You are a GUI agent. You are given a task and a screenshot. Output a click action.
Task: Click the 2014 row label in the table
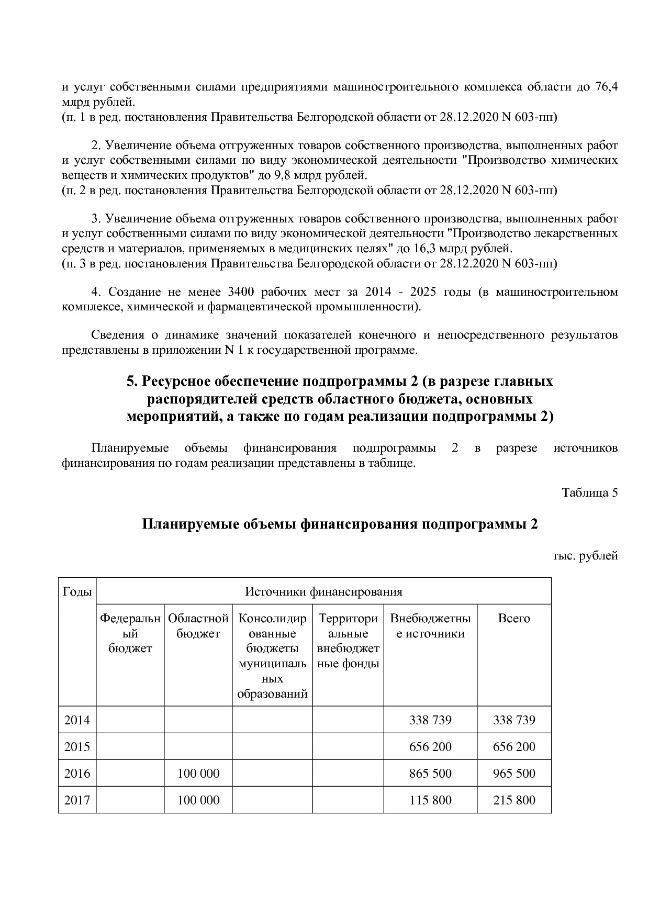(77, 720)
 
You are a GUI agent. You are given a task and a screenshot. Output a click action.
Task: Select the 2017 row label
(77, 800)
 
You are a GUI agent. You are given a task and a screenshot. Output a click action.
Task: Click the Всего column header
(514, 619)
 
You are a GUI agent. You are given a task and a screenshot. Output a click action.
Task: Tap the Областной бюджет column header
(198, 626)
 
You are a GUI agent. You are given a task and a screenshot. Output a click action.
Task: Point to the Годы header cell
(77, 592)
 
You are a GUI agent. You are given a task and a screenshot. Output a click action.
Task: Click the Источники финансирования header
(324, 592)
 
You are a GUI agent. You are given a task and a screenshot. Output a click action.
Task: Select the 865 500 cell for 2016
(430, 774)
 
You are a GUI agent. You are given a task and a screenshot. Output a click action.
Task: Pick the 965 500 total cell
(514, 774)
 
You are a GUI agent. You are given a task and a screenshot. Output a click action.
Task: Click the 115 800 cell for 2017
(430, 800)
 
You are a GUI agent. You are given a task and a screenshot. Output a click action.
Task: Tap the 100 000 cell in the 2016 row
(198, 774)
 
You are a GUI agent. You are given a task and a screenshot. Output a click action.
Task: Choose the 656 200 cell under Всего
(514, 747)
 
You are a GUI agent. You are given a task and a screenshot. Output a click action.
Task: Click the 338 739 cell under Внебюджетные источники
(430, 720)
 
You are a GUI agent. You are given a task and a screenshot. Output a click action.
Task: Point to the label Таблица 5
(590, 492)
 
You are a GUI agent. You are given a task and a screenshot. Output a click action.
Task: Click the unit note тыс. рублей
(585, 556)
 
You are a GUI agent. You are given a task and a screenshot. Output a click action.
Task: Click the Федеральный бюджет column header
(130, 633)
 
